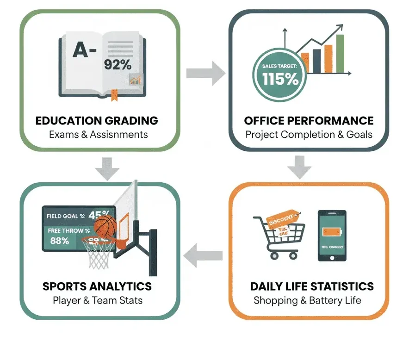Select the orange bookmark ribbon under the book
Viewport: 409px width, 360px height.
[113, 94]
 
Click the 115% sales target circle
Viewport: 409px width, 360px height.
[279, 75]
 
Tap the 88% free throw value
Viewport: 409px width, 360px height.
[60, 241]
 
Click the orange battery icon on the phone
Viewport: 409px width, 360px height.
[332, 230]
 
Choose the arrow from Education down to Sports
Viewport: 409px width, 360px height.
[106, 168]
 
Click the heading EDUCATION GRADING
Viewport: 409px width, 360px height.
[97, 121]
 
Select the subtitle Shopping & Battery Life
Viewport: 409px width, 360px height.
[307, 300]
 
